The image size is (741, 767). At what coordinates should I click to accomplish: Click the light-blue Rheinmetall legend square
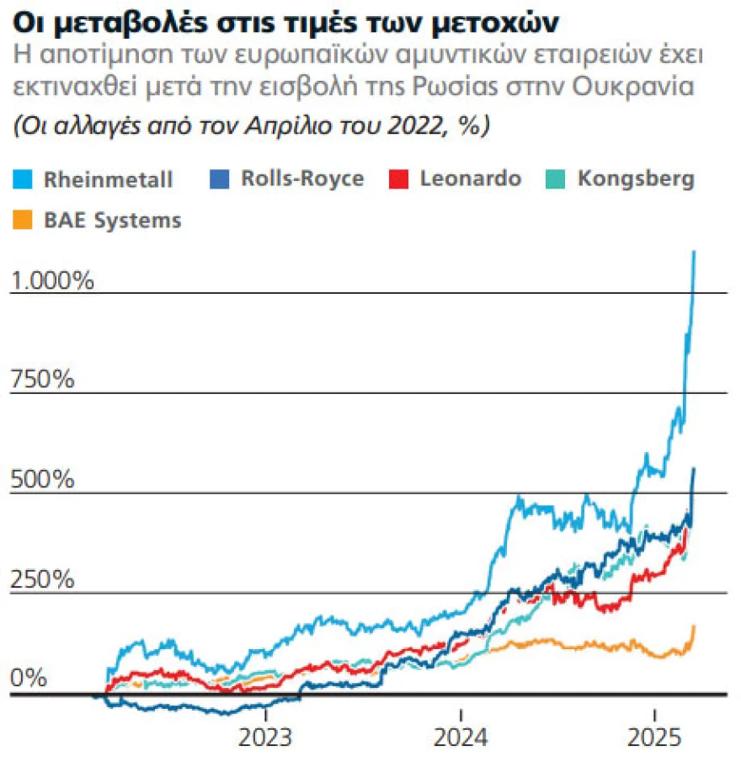coord(23,179)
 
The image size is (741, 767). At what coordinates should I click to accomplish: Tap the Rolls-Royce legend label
coord(302,178)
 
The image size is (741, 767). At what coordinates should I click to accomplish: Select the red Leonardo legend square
coord(398,179)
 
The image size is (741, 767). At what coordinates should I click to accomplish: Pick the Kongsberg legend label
coord(637,178)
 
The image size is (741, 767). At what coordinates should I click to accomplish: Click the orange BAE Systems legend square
coord(23,221)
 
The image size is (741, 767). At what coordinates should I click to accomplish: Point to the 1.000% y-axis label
coord(52,280)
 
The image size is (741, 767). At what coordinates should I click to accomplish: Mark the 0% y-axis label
coord(29,679)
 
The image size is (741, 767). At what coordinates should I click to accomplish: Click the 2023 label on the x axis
coord(266,738)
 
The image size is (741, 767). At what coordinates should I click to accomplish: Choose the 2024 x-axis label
coord(461,738)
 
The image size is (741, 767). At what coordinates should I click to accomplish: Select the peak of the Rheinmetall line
coord(695,251)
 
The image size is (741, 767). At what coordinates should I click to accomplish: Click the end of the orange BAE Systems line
coord(695,626)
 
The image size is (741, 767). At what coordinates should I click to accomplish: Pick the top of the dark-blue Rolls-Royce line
coord(694,469)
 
